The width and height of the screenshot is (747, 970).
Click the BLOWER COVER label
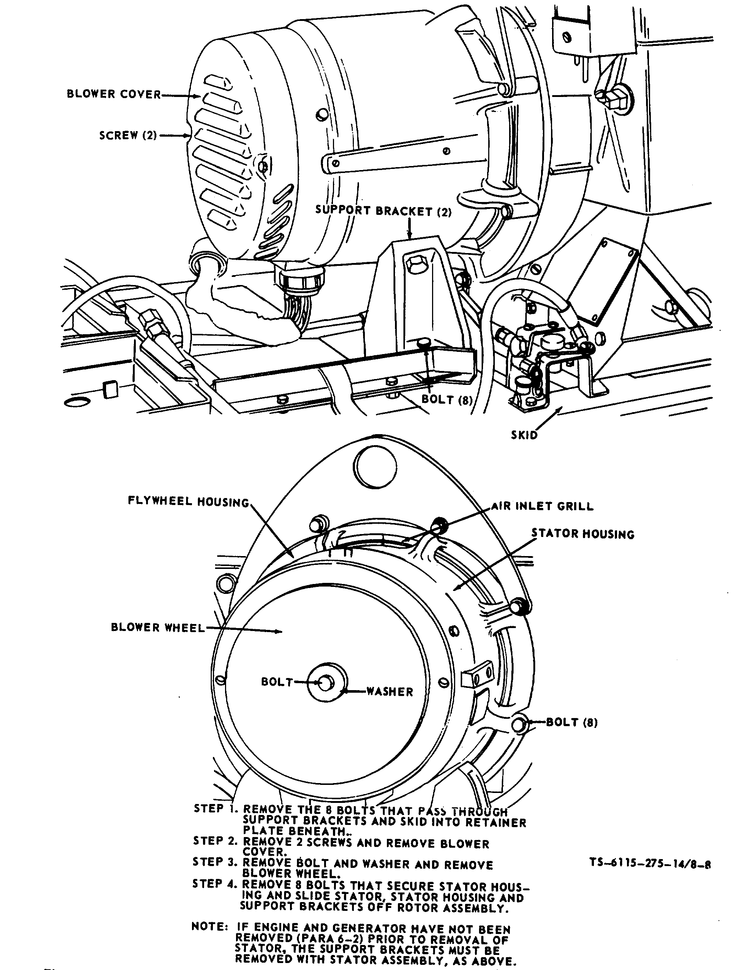tap(114, 94)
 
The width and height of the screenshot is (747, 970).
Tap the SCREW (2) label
tap(128, 136)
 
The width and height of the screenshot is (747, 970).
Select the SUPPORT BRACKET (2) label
tap(384, 210)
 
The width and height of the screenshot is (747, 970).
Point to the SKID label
tap(524, 435)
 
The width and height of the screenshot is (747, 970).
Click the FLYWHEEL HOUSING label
tap(189, 501)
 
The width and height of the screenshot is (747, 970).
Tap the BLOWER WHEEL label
tap(158, 628)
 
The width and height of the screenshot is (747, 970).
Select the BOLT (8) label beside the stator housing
tap(572, 722)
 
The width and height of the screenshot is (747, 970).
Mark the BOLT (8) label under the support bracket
tap(446, 399)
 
